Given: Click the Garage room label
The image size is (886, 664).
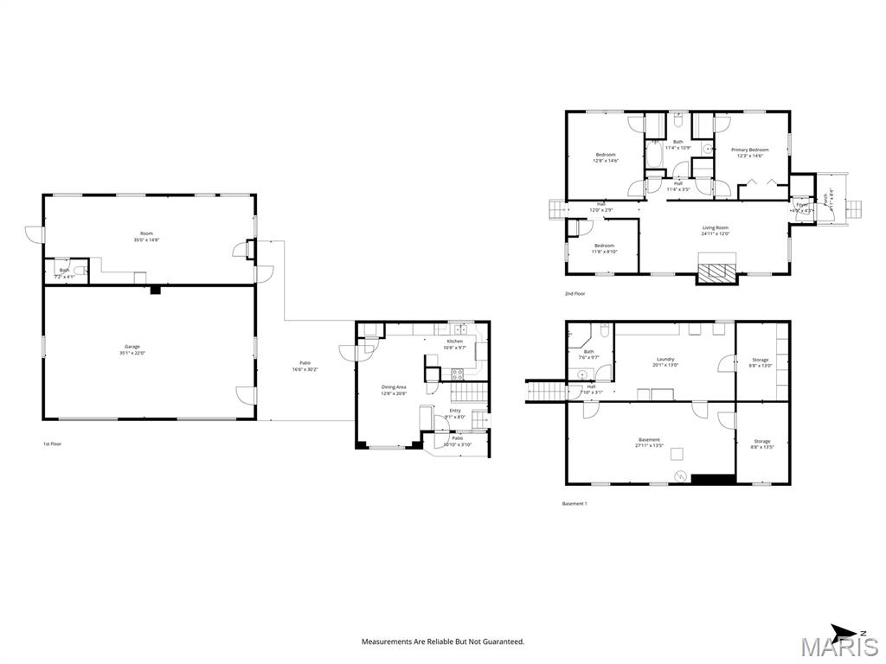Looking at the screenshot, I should coord(132,346).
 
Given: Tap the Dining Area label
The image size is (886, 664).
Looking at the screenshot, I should coord(394,386).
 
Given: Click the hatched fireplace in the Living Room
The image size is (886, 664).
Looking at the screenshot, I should coord(716,272).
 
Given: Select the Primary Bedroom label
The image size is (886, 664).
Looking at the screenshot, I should coord(749,150).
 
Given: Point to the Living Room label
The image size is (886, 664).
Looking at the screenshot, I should coord(715,227).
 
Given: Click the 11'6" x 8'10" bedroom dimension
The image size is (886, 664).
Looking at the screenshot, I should coord(604,252).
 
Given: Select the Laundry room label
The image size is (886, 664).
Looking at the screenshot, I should coord(665,359).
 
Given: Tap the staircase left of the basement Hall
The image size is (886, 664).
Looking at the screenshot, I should coord(546,392).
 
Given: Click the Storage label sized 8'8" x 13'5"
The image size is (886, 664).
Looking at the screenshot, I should coord(761,441).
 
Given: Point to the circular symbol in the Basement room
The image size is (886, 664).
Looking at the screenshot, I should coord(680,476).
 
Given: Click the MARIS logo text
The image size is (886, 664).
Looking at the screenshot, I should coord(838,647).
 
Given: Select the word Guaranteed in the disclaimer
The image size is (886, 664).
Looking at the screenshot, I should coord(504,642).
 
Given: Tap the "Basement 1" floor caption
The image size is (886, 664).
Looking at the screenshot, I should coord(575,503).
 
